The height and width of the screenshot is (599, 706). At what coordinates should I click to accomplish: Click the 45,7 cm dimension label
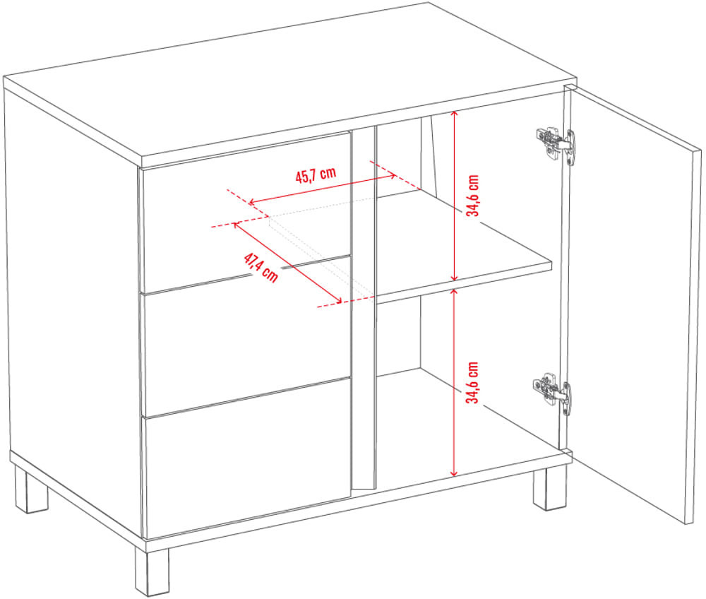click(x=316, y=174)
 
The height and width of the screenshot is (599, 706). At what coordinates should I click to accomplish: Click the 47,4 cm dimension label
click(x=261, y=268)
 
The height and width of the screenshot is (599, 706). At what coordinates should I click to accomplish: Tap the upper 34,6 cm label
click(x=473, y=196)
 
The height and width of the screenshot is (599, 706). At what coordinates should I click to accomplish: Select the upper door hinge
click(x=556, y=143)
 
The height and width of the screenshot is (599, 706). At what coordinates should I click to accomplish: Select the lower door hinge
click(x=554, y=391)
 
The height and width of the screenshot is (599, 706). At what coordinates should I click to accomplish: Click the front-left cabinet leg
click(x=152, y=571)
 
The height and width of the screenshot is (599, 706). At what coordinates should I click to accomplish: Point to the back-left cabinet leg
click(x=31, y=490)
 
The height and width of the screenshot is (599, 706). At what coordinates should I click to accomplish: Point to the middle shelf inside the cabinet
click(x=464, y=245)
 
